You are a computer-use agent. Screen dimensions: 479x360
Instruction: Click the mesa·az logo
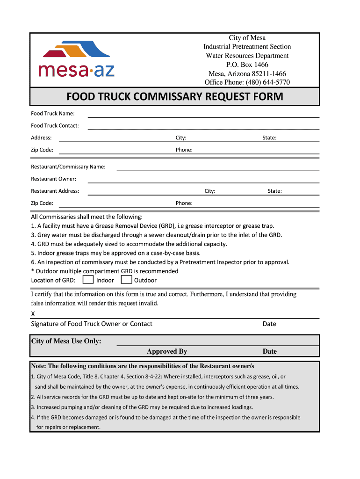[76, 59]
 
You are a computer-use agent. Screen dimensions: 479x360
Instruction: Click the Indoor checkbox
[87, 280]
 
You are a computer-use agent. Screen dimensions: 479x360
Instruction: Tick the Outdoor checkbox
[126, 280]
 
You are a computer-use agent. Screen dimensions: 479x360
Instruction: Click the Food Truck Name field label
[52, 113]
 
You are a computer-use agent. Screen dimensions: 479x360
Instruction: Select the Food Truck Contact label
[55, 125]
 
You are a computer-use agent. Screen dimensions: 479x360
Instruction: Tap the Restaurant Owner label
[53, 179]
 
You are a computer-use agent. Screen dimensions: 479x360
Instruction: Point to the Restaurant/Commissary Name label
[68, 167]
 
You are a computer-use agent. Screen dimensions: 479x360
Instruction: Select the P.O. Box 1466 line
[247, 65]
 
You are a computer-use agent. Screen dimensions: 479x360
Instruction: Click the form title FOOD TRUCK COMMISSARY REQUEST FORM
[174, 97]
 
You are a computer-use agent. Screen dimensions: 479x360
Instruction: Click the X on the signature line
[33, 314]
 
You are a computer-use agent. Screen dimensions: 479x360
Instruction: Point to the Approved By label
[167, 351]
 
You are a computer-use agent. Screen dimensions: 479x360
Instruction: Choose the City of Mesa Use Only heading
[66, 341]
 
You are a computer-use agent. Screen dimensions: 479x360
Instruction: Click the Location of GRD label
[53, 280]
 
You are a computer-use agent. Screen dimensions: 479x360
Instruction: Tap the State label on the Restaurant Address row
[274, 191]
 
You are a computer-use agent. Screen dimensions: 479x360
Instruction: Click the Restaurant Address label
[55, 191]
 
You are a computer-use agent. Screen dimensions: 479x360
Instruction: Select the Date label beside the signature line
[269, 324]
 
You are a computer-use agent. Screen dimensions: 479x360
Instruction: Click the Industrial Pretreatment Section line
[247, 47]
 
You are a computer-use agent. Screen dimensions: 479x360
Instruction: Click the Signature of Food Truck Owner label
[92, 324]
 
